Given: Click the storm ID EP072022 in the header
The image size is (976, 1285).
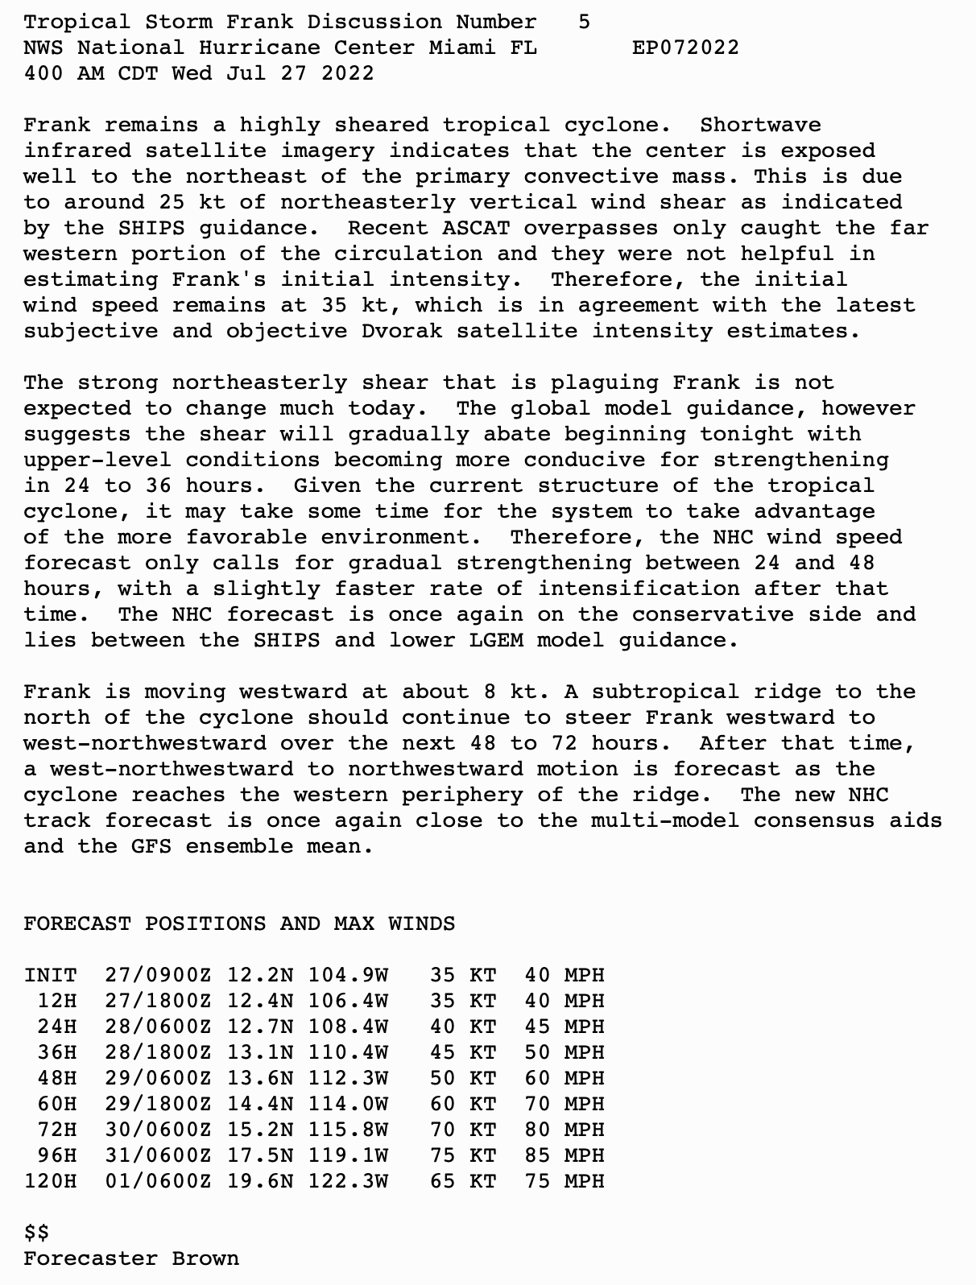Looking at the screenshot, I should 685,48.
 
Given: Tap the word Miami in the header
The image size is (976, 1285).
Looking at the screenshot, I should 462,48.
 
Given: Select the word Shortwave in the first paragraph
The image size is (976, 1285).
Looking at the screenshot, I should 760,125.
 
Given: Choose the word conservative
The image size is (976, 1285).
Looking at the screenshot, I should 713,614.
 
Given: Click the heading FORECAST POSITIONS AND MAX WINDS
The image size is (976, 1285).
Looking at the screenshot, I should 239,923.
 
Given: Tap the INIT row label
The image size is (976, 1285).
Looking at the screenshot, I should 50,975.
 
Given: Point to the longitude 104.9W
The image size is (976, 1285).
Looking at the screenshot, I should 348,975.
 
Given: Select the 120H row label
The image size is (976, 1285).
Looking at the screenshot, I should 50,1181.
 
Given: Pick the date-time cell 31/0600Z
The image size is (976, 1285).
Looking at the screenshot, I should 158,1155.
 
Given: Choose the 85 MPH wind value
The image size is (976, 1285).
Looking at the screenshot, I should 564,1155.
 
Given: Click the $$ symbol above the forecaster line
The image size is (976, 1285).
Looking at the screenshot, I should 36,1233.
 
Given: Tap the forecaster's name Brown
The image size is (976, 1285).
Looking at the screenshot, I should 205,1258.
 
